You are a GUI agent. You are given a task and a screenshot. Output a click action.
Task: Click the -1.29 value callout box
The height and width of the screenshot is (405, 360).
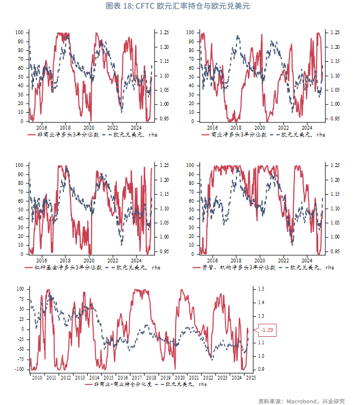(x=268, y=330)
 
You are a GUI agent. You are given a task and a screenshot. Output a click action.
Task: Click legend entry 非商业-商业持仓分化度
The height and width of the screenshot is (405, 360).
(x=123, y=384)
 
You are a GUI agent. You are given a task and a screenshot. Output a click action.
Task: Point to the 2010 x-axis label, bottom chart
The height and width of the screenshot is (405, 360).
(x=37, y=377)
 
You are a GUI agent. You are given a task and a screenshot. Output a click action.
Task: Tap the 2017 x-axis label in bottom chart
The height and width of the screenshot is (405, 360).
(x=137, y=377)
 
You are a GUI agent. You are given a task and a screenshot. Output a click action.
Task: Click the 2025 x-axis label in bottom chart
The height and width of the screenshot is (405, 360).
(x=250, y=377)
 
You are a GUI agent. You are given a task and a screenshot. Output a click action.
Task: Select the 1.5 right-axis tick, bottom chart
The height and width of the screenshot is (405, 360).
(x=261, y=289)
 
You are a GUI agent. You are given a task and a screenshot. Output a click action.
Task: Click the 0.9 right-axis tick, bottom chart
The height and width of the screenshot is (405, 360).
(x=261, y=369)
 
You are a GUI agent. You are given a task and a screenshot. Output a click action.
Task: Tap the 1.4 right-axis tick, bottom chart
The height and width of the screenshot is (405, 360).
(x=261, y=303)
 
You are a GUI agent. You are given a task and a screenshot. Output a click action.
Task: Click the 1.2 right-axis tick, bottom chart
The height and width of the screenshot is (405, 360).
(x=261, y=329)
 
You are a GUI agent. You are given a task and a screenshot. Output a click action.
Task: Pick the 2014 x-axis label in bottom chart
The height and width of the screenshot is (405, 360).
(x=94, y=377)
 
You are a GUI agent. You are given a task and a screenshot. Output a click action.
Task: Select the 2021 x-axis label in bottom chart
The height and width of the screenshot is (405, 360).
(x=194, y=377)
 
